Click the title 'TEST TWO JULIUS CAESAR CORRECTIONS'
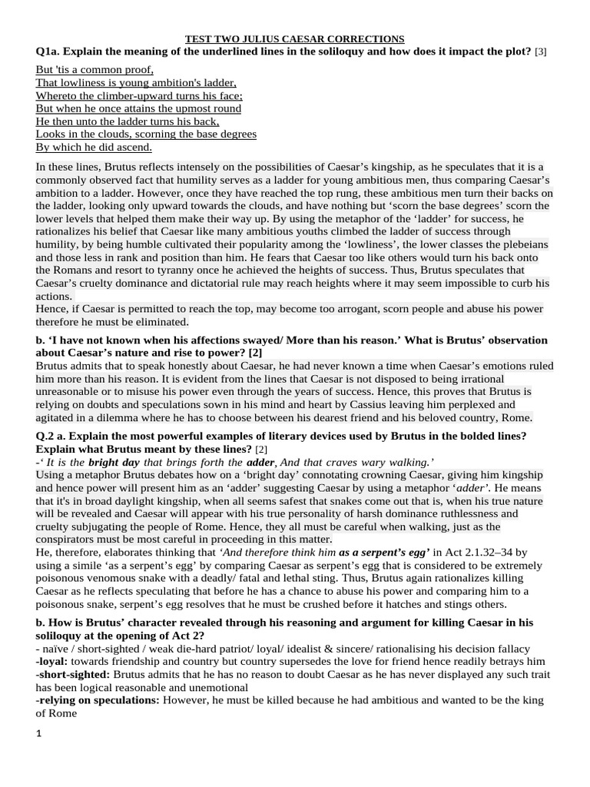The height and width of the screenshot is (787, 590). (295, 38)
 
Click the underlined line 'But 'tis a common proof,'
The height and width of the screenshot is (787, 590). (94, 69)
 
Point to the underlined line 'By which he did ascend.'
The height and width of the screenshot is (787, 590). (94, 148)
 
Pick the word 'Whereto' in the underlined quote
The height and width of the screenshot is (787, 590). (57, 95)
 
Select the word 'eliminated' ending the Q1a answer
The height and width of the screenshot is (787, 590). (161, 322)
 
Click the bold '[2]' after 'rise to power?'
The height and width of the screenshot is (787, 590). (255, 353)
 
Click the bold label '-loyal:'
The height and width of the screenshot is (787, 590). (52, 661)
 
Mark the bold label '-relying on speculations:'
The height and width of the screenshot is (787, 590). (99, 700)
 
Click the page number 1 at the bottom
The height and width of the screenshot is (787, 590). (38, 733)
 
